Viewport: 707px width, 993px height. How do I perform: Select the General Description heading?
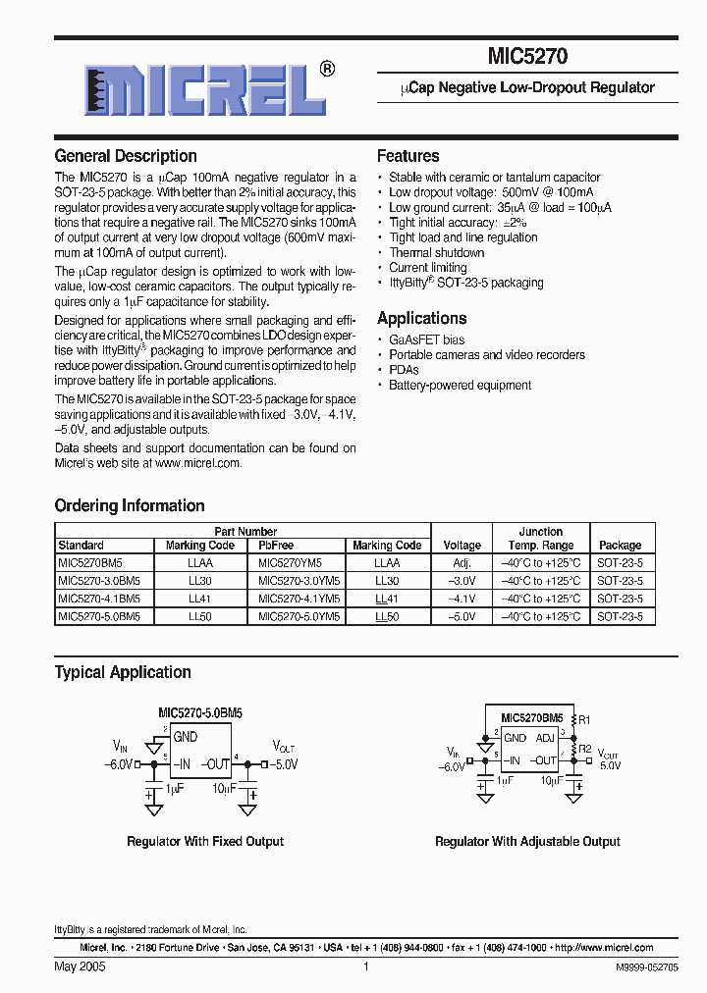click(x=126, y=156)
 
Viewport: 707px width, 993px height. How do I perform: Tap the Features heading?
click(x=408, y=156)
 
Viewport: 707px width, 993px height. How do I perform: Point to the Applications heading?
click(x=421, y=318)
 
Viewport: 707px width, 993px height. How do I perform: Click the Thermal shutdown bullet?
click(x=436, y=252)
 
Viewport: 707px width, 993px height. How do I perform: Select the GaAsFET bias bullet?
click(x=426, y=340)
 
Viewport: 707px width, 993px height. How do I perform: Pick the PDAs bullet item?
click(x=404, y=370)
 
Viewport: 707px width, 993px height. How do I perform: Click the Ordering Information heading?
click(x=130, y=505)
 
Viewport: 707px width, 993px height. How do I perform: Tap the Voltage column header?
click(x=462, y=546)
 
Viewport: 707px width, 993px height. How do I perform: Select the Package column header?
click(x=620, y=546)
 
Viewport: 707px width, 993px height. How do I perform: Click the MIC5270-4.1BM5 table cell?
click(x=99, y=599)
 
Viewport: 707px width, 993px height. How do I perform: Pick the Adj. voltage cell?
click(x=462, y=563)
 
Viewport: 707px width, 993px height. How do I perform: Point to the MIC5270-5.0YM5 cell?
click(x=298, y=616)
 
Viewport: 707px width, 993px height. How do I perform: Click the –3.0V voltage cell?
click(x=462, y=581)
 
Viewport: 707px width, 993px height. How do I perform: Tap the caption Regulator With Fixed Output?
click(x=205, y=841)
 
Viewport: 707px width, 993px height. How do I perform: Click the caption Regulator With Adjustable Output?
click(x=527, y=841)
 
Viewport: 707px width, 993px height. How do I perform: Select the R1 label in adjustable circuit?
click(x=584, y=719)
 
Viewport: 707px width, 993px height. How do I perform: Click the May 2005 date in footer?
click(x=80, y=967)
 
